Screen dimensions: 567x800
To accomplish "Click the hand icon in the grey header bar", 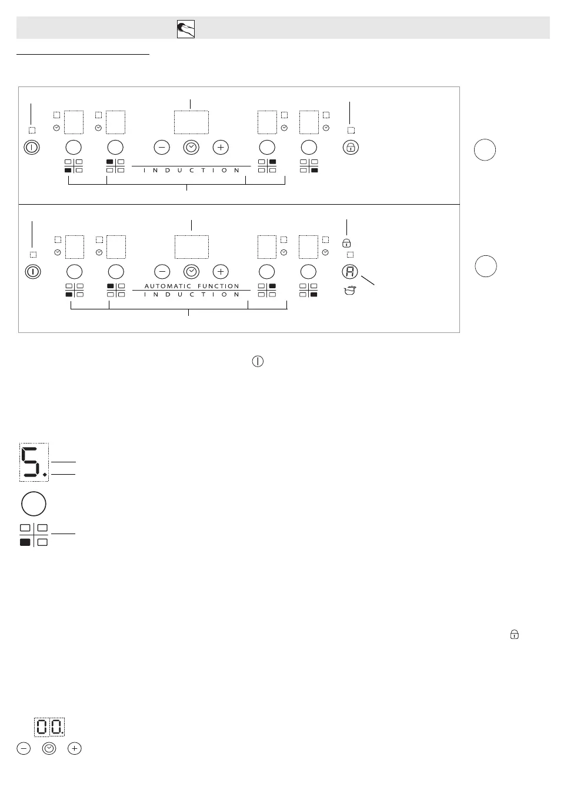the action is [x=186, y=29].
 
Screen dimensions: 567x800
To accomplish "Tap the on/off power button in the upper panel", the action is [x=32, y=147].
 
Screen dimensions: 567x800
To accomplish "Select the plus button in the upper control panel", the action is [x=221, y=147].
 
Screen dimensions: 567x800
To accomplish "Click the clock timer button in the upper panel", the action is [x=191, y=147].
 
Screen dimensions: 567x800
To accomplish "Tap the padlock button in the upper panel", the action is [x=351, y=147].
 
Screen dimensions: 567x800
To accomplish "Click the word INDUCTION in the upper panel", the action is [x=192, y=171].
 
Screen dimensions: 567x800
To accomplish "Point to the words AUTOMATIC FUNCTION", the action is [x=192, y=286].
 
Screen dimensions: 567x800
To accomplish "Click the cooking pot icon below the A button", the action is [x=350, y=290].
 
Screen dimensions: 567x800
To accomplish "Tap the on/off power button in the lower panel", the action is [x=33, y=272].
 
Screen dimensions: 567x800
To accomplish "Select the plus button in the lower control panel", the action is [x=221, y=271].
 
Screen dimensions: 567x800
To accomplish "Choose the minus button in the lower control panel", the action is [x=162, y=271].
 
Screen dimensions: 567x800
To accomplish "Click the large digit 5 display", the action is [x=34, y=462].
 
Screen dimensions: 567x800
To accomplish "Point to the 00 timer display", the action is [x=49, y=727].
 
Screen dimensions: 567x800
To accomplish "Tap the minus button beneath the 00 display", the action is [x=24, y=748].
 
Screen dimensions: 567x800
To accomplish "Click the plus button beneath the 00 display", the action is [x=74, y=748].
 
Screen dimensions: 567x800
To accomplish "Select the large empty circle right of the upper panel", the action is [x=485, y=150].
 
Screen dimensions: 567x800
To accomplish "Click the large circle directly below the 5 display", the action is [x=34, y=504].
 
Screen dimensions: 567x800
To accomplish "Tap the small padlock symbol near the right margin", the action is [x=515, y=635].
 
